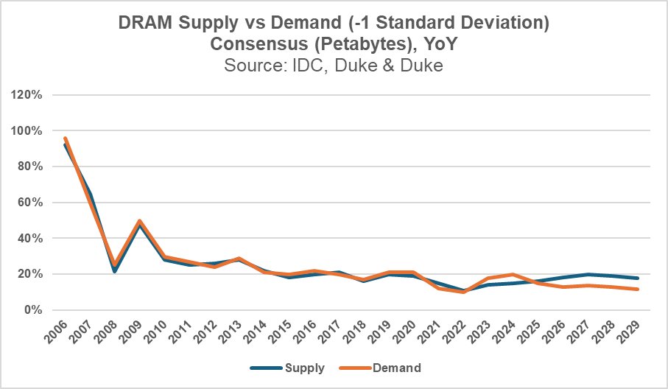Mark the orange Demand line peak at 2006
(x=66, y=138)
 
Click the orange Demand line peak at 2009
(x=139, y=220)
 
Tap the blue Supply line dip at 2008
(x=115, y=272)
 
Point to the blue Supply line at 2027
(x=586, y=274)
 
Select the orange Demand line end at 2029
(x=636, y=290)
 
